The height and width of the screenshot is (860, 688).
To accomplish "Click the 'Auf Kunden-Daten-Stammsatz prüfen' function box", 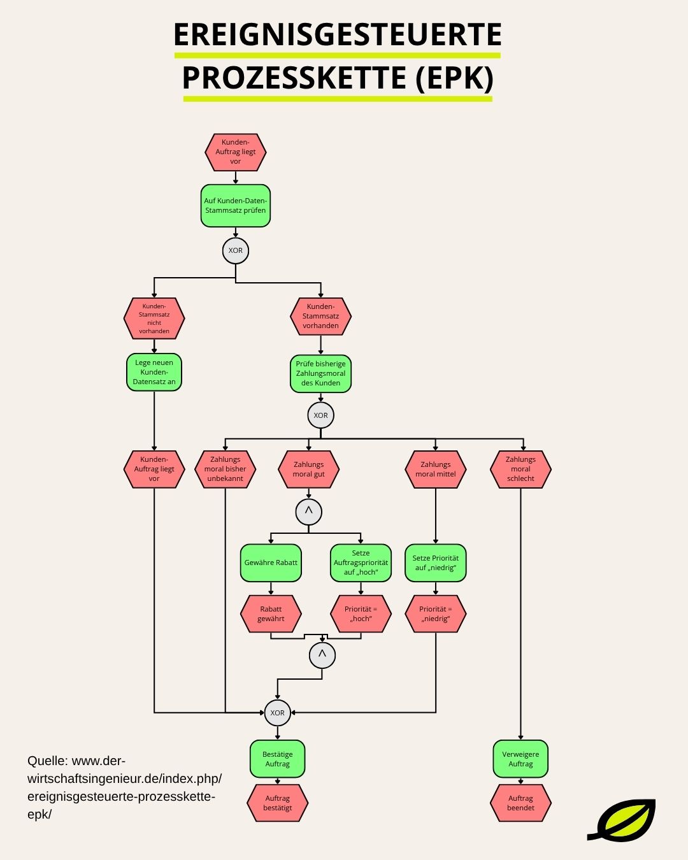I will click(x=236, y=206).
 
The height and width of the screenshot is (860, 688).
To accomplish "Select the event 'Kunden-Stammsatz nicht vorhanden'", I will click(x=154, y=318).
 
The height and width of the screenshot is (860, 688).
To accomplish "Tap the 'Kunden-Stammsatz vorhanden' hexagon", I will click(x=320, y=316).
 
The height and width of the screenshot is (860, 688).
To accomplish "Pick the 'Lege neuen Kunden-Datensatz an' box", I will click(x=154, y=372).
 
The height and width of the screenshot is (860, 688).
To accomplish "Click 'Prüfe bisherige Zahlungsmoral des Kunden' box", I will click(x=320, y=373).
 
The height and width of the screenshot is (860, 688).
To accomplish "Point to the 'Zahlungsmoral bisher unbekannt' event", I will click(x=225, y=469).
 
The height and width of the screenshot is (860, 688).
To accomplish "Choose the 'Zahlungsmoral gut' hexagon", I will click(x=308, y=469).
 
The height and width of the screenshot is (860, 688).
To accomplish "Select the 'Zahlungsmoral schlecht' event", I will click(x=520, y=469).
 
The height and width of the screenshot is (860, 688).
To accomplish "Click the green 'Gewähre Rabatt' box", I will click(x=271, y=563).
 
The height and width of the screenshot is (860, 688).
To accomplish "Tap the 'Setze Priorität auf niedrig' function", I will click(x=436, y=563).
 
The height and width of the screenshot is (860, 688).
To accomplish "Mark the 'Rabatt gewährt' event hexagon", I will click(x=271, y=614).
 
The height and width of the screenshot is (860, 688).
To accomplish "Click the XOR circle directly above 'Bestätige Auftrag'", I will click(x=277, y=713).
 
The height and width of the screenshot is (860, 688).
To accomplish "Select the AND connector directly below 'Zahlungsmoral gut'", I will click(x=308, y=512).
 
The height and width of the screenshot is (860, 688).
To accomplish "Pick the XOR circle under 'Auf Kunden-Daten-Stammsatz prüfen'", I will click(x=236, y=250).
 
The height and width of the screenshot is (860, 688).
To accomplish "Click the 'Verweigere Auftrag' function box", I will click(x=520, y=759).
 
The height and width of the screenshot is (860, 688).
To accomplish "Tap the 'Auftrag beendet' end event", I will click(x=520, y=803).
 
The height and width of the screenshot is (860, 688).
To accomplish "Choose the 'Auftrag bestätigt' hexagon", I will click(x=277, y=803).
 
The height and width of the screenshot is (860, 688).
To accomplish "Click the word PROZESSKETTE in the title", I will click(x=294, y=78).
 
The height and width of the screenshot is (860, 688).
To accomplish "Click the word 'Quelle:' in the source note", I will click(x=47, y=761).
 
